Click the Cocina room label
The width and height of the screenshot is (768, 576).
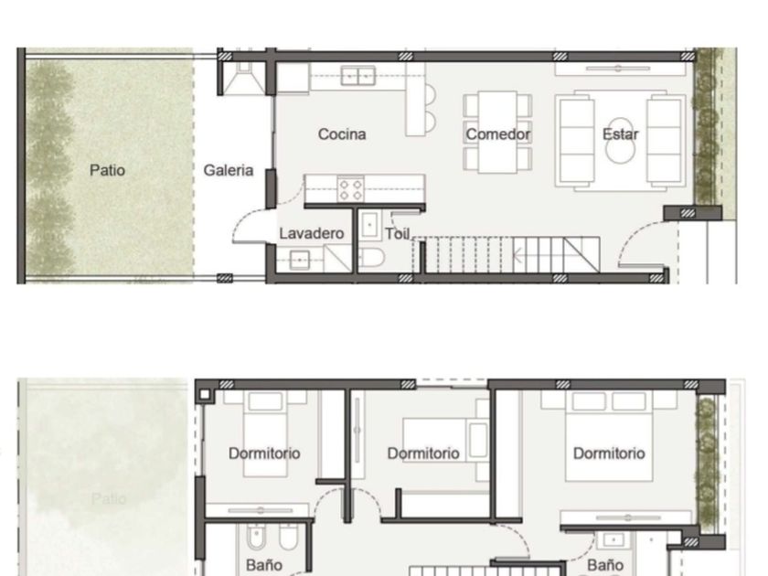[342, 134]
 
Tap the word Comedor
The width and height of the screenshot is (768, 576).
[497, 134]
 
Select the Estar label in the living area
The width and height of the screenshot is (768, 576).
[620, 134]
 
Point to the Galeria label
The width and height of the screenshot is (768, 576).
[229, 170]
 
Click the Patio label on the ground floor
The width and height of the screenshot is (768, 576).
[107, 170]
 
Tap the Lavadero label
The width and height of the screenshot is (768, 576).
[311, 233]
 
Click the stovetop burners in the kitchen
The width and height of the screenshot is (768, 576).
[351, 190]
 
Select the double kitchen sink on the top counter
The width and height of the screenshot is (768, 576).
[358, 76]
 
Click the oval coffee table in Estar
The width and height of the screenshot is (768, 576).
[619, 141]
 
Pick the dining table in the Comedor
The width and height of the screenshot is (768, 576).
[497, 132]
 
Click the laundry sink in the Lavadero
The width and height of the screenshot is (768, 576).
[299, 260]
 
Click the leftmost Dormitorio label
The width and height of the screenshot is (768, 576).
[264, 453]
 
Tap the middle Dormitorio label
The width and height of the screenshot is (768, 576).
[423, 453]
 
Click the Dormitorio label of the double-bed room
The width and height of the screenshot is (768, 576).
[609, 453]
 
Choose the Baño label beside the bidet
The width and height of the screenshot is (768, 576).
[264, 565]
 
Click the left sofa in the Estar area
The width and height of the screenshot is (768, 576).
[577, 141]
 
